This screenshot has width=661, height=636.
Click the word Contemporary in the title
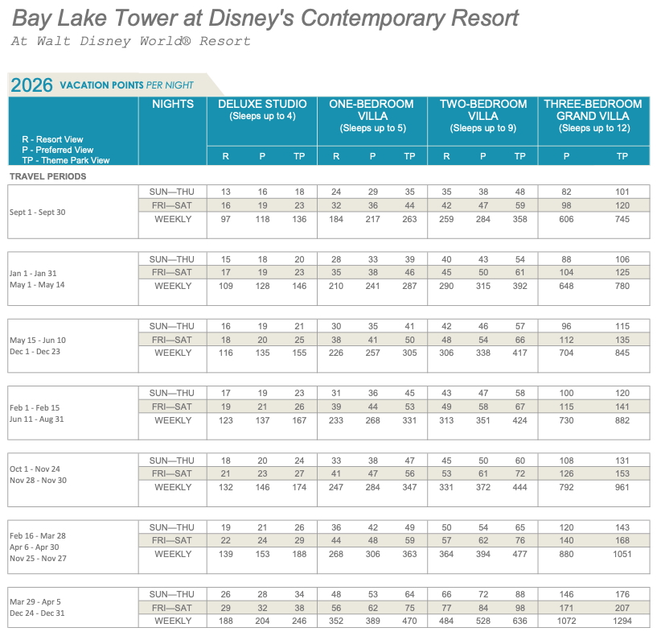(372, 19)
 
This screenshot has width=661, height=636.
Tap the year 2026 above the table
(31, 85)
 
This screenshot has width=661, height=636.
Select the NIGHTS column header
(173, 104)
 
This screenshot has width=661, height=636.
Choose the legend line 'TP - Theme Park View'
(66, 160)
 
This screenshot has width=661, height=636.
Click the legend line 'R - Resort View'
(53, 139)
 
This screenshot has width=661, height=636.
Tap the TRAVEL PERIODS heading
(47, 176)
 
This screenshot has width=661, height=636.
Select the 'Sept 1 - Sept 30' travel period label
(38, 213)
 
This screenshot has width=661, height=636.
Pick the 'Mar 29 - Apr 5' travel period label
(35, 602)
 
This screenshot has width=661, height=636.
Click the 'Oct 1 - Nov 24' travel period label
(35, 469)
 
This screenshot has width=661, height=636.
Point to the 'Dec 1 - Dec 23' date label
(35, 352)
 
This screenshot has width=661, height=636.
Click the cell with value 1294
(622, 621)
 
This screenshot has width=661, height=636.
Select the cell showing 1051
(622, 554)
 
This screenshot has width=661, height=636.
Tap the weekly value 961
(622, 487)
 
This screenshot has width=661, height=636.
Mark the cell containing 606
(566, 219)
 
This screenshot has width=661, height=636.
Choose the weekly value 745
(622, 219)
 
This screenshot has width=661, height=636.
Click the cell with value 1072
(566, 621)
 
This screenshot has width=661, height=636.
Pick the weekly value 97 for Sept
(225, 219)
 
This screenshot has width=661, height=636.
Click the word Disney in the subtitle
(105, 41)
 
